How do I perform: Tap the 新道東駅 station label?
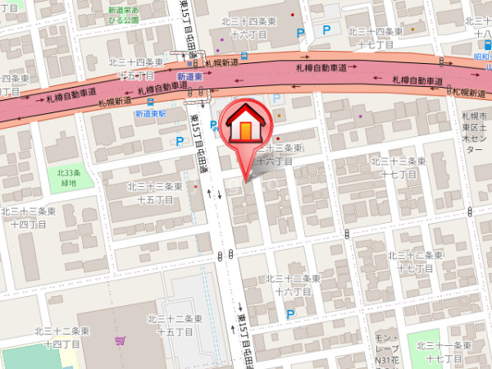click(x=151, y=114)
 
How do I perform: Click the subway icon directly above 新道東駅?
click(x=150, y=102)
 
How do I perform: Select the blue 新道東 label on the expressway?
click(x=189, y=75)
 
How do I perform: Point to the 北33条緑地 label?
click(x=70, y=177)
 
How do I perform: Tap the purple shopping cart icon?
click(x=121, y=340)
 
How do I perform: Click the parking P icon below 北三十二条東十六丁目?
click(x=289, y=313)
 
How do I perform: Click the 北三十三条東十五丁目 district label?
click(x=161, y=193)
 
